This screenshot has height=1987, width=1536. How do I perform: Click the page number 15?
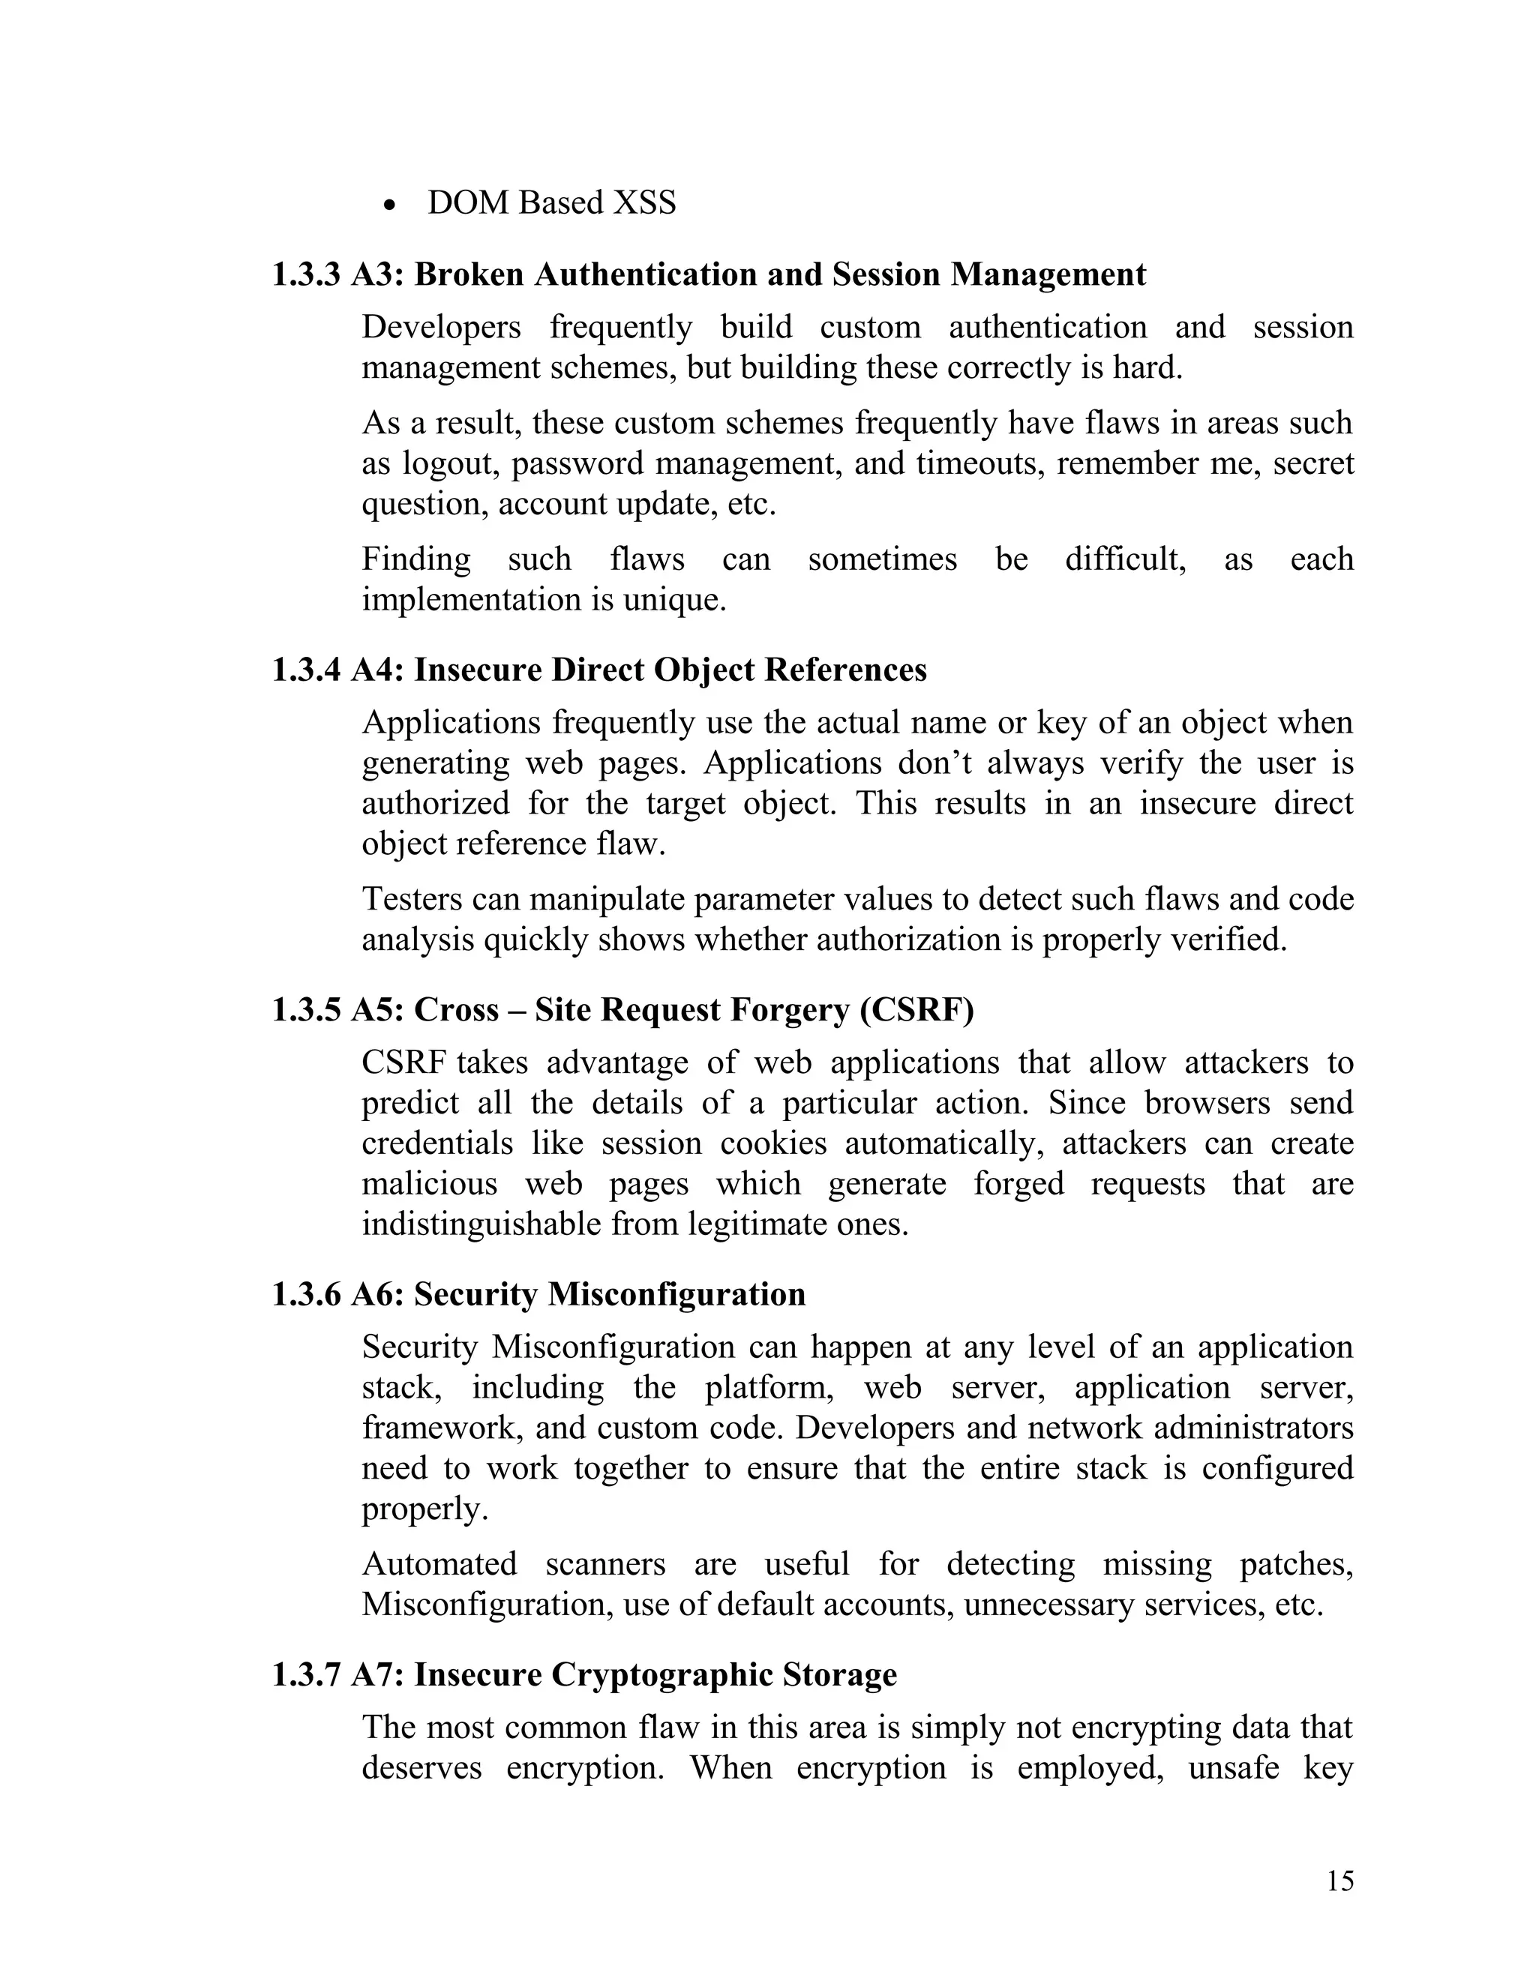pos(1339,1881)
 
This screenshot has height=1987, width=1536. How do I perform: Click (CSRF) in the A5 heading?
pos(916,1010)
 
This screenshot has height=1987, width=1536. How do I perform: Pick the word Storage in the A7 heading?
pos(841,1674)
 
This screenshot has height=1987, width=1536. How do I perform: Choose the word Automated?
pos(439,1563)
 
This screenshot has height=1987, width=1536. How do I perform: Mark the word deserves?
pos(421,1768)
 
